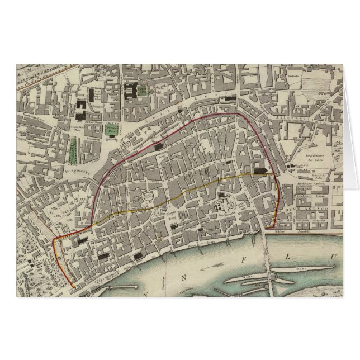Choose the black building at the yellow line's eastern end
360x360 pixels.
[x=260, y=170]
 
